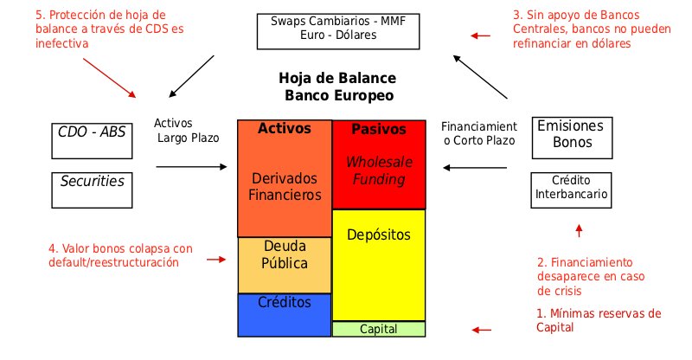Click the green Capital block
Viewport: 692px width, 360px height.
(x=379, y=329)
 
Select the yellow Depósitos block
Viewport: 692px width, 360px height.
(x=379, y=264)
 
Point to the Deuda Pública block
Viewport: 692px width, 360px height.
(x=285, y=264)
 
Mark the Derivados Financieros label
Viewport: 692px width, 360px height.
(x=285, y=186)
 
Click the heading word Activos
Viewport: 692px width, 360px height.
(x=285, y=129)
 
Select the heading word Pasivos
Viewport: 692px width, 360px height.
(x=379, y=130)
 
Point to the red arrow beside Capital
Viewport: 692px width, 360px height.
(x=481, y=330)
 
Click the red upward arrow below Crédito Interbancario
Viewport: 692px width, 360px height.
(x=580, y=230)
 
